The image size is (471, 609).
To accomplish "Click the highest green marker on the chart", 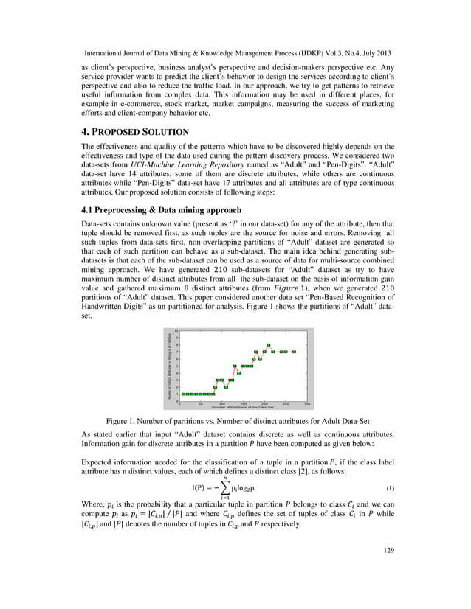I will coord(269,344).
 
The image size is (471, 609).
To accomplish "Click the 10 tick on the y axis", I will coord(176,330).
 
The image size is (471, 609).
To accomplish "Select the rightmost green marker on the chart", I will coord(295,352).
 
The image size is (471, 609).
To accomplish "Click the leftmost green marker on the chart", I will coord(184,394).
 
